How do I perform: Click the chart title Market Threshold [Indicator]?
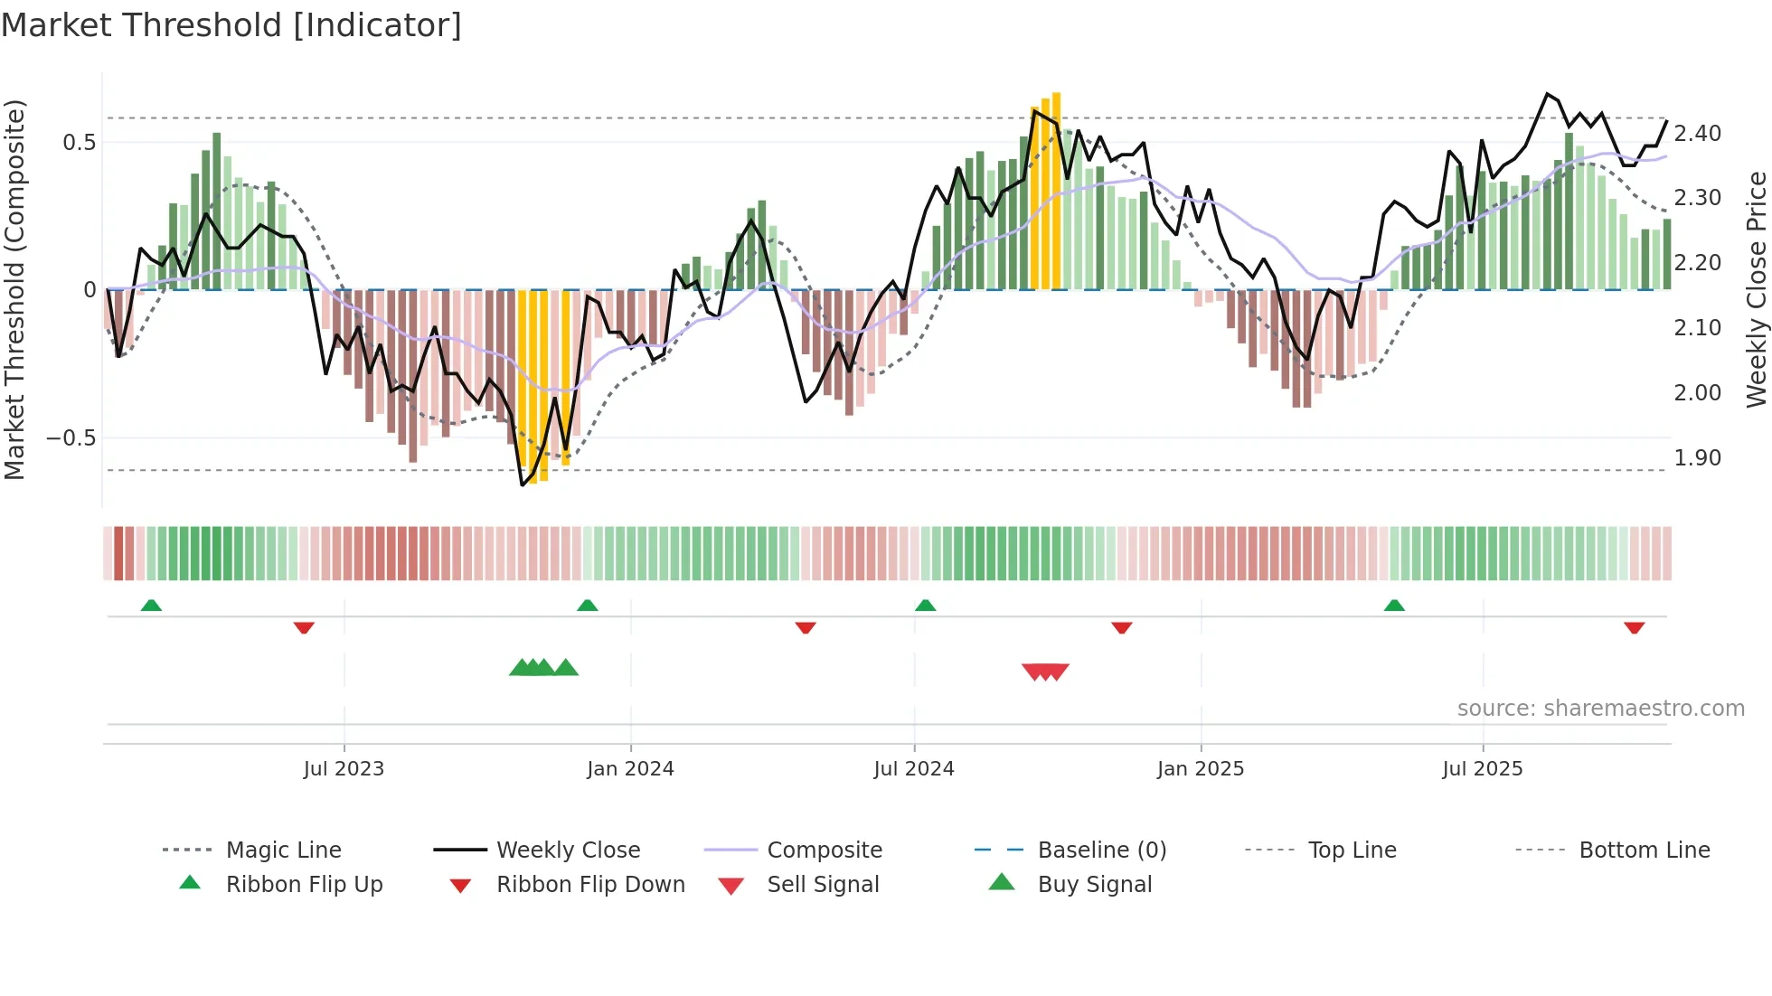[231, 25]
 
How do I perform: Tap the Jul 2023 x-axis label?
[344, 769]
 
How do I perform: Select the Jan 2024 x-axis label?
[630, 769]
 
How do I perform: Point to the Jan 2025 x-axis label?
[1201, 769]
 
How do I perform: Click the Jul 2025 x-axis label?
[1483, 769]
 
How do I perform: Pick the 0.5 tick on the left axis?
[79, 143]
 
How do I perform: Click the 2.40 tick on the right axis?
[1697, 134]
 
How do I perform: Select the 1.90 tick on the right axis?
[1697, 458]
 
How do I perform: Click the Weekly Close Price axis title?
[1756, 289]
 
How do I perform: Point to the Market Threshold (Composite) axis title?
[14, 289]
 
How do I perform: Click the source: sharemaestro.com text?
[1600, 709]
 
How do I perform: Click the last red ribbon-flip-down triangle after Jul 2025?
[1634, 627]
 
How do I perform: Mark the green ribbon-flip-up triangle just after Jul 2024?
[925, 606]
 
